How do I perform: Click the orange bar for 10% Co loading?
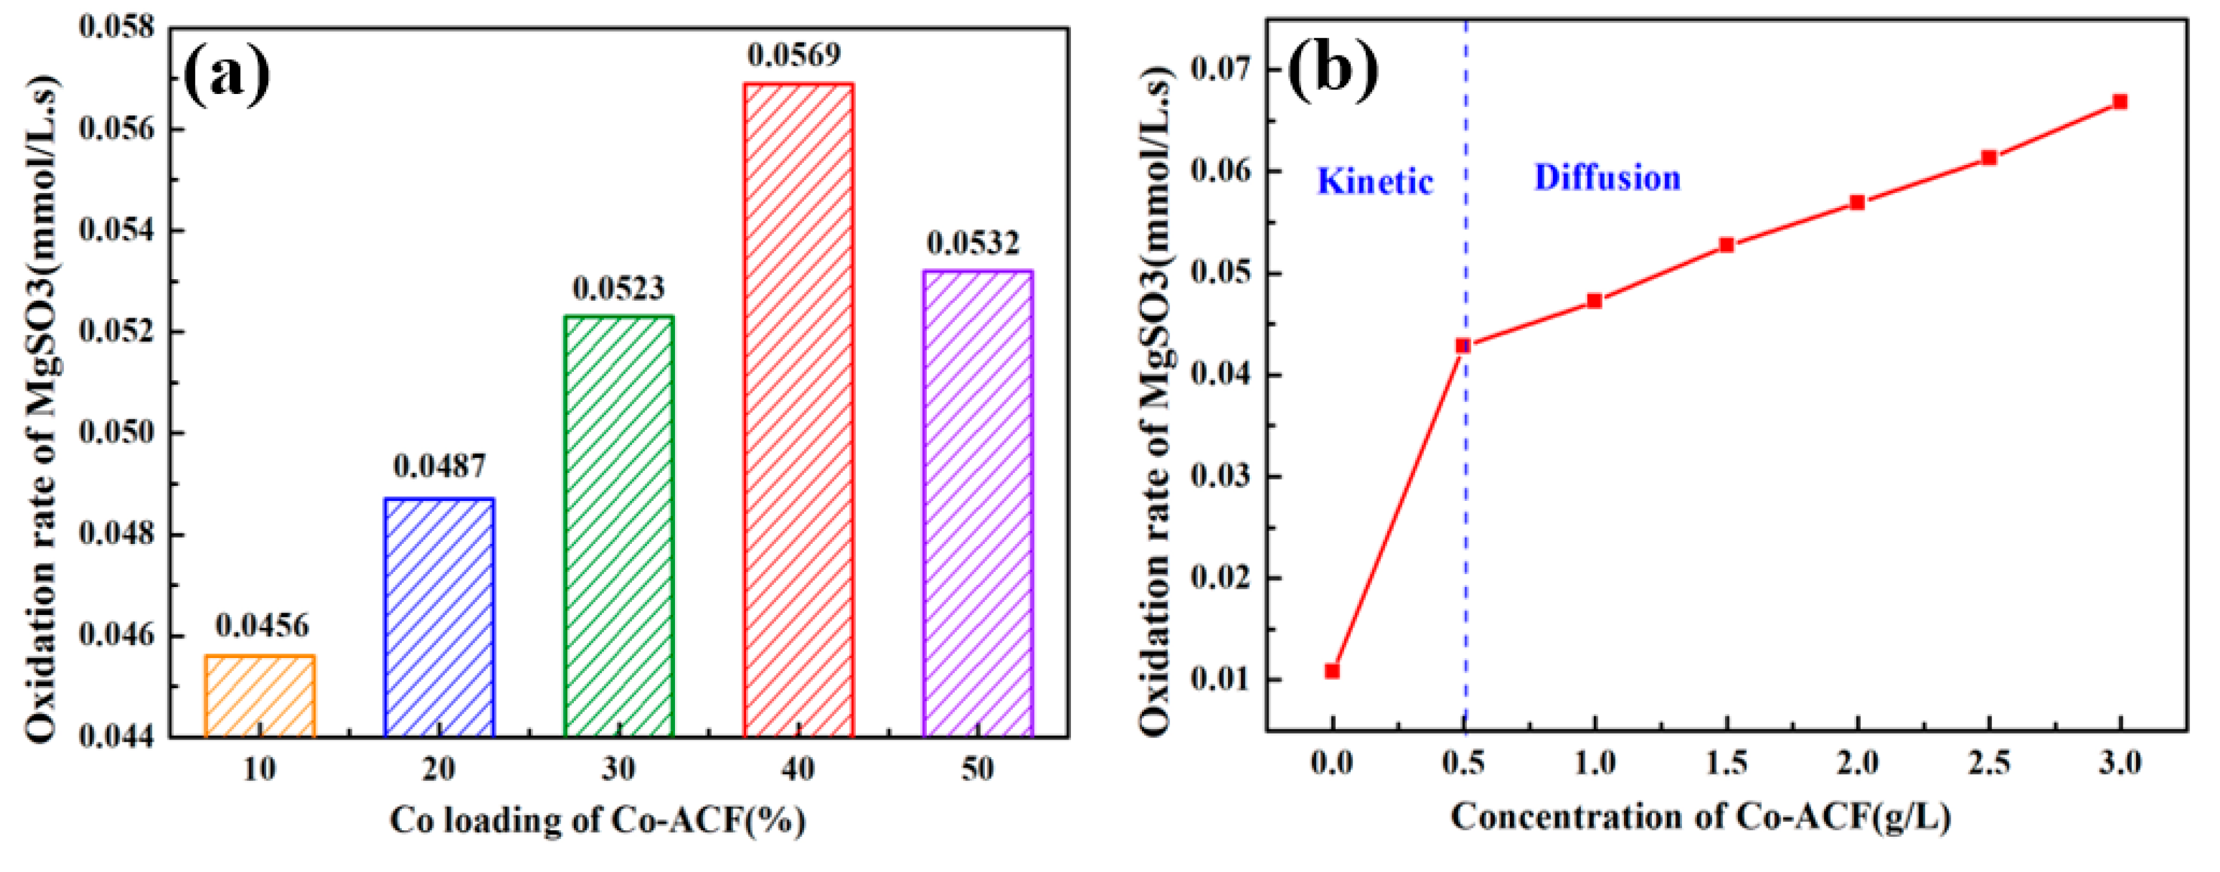pyautogui.click(x=260, y=696)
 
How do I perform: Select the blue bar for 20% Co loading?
pyautogui.click(x=440, y=617)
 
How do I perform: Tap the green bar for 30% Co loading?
pyautogui.click(x=619, y=526)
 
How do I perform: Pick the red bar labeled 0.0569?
pyautogui.click(x=798, y=410)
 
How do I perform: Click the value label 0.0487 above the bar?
pyautogui.click(x=440, y=466)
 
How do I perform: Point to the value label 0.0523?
pyautogui.click(x=619, y=288)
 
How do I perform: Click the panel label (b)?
pyautogui.click(x=1332, y=69)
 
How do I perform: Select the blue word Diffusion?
pyautogui.click(x=1607, y=177)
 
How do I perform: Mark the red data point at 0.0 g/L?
pyautogui.click(x=1332, y=670)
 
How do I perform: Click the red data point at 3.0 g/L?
pyautogui.click(x=2120, y=102)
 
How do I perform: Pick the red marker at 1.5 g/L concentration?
pyautogui.click(x=1726, y=245)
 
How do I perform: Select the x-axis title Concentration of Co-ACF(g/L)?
pyautogui.click(x=1700, y=817)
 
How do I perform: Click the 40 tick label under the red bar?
pyautogui.click(x=798, y=768)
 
